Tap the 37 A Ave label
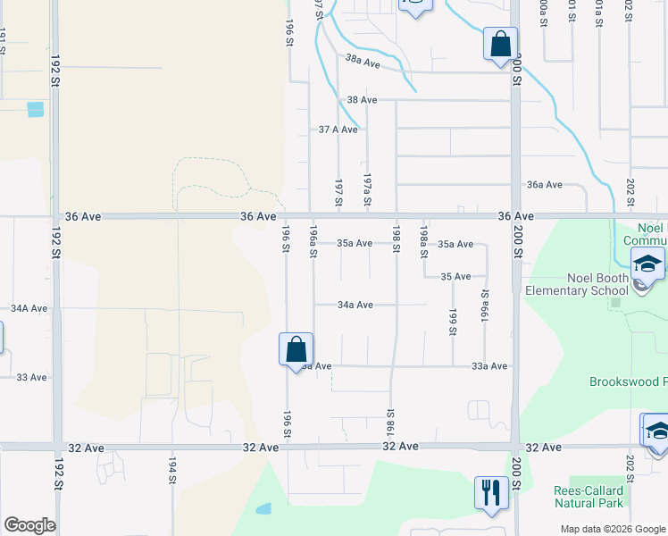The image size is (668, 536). coord(338,130)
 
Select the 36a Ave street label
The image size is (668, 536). coord(544,184)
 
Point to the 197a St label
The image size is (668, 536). coord(367,189)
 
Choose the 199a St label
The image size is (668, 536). coord(487,305)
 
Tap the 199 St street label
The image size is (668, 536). coord(453,322)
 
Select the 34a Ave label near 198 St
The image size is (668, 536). coord(355,305)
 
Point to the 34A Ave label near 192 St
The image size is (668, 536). coord(29,308)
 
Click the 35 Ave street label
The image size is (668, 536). coord(455,277)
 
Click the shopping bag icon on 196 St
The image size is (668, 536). coord(296,348)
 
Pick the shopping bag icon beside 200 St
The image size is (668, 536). coord(500,42)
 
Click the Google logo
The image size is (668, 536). coord(29,525)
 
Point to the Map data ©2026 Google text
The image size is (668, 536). coord(613,529)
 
